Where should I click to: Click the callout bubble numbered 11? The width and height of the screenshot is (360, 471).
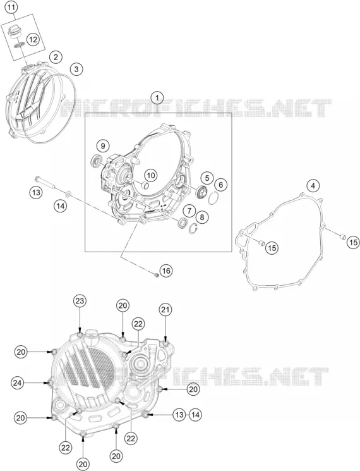tap(11, 8)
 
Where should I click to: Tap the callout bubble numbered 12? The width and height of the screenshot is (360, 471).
tap(33, 39)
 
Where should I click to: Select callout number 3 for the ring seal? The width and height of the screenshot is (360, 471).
tap(76, 69)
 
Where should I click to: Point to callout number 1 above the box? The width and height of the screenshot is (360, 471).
tap(157, 97)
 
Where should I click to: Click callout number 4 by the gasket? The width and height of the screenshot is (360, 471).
tap(313, 186)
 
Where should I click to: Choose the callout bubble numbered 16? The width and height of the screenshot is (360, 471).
tap(166, 271)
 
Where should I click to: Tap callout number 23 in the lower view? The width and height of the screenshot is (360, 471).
tap(80, 301)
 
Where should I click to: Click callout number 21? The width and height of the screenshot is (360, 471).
tap(166, 310)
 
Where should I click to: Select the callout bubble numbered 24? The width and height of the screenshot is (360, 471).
tap(18, 382)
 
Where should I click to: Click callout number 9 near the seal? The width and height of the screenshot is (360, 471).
tap(103, 146)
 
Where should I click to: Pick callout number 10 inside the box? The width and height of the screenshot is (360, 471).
tap(151, 175)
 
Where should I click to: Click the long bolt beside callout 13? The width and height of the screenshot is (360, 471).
tap(45, 183)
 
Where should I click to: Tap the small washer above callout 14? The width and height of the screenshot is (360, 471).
tap(68, 193)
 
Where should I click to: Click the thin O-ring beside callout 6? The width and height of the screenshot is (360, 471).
tap(213, 199)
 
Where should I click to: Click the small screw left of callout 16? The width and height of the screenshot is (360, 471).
tap(155, 274)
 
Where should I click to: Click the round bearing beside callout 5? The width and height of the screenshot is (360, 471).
tap(201, 192)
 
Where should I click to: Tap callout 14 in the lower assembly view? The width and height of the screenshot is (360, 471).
tap(195, 415)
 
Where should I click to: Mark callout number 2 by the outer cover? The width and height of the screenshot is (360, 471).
tap(56, 57)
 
